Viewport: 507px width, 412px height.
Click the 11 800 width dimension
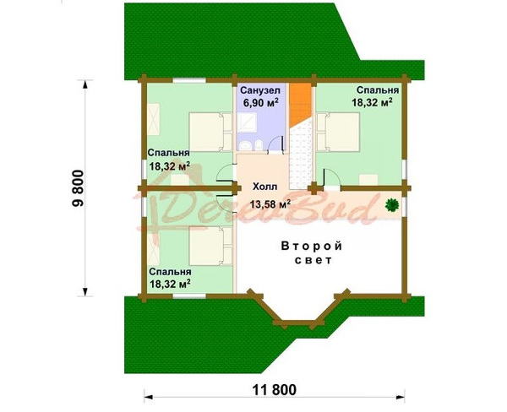tap(274, 390)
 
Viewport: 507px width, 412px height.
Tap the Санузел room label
tap(260, 89)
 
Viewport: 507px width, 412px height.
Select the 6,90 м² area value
tap(260, 103)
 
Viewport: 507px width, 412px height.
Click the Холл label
tap(264, 187)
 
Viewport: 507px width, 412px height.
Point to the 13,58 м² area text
tap(270, 203)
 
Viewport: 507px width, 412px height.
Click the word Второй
tap(312, 246)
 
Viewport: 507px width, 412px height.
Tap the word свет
tap(313, 260)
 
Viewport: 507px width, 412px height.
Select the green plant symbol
tap(392, 204)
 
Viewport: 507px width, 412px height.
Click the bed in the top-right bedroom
tap(338, 132)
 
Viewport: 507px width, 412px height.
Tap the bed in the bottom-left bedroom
tap(210, 246)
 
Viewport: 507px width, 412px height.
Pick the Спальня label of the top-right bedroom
tap(378, 89)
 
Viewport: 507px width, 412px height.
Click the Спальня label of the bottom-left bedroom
tap(170, 272)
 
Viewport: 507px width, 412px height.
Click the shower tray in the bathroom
tap(246, 123)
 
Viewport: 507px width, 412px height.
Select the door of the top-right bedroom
tap(330, 177)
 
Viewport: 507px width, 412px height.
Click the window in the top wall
tap(189, 80)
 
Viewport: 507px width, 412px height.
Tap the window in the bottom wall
tap(189, 295)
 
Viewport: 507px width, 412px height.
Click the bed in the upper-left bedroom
tap(210, 132)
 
